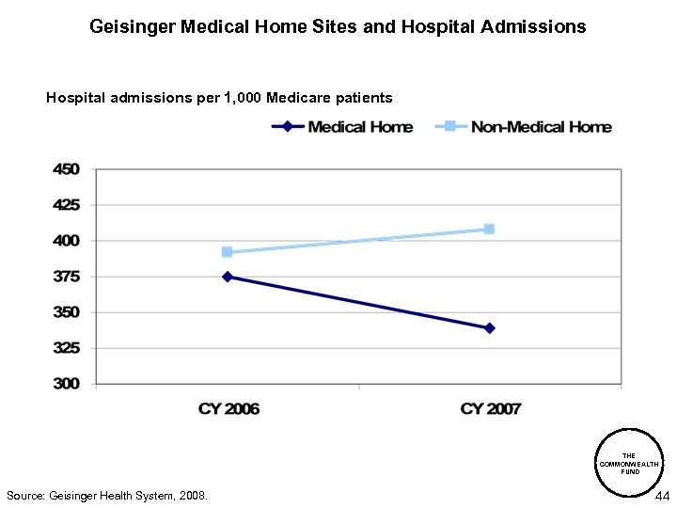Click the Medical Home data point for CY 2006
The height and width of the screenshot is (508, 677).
click(228, 277)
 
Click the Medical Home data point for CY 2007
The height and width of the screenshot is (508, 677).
click(490, 328)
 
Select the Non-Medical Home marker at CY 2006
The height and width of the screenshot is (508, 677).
click(228, 252)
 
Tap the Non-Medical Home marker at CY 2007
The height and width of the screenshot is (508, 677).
click(490, 229)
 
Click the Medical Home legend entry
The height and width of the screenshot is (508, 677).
click(342, 127)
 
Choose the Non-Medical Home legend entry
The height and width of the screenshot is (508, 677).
click(524, 127)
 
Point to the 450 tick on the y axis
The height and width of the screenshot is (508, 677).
click(67, 169)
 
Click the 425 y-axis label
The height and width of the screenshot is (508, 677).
click(67, 205)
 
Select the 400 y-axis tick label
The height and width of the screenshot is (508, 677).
click(67, 241)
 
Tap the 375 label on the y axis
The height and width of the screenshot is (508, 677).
click(67, 277)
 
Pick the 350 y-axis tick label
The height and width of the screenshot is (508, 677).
click(67, 312)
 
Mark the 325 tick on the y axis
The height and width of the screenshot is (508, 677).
click(67, 348)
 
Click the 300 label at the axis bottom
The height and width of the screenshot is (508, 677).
click(67, 384)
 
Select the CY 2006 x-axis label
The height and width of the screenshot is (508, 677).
click(228, 409)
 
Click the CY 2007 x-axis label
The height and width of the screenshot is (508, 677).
click(490, 409)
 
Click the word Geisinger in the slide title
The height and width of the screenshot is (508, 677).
click(131, 27)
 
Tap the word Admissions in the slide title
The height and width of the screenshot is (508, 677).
click(536, 27)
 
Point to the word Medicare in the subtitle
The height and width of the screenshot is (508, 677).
click(300, 97)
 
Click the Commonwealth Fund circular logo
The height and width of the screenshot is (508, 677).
click(629, 463)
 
